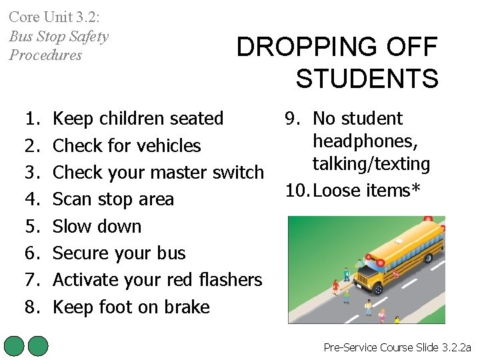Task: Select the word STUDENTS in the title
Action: (367, 79)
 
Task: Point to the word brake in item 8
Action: (187, 307)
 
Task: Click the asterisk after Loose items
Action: (417, 189)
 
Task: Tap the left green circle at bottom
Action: (14, 346)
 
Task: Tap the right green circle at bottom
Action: (39, 346)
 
